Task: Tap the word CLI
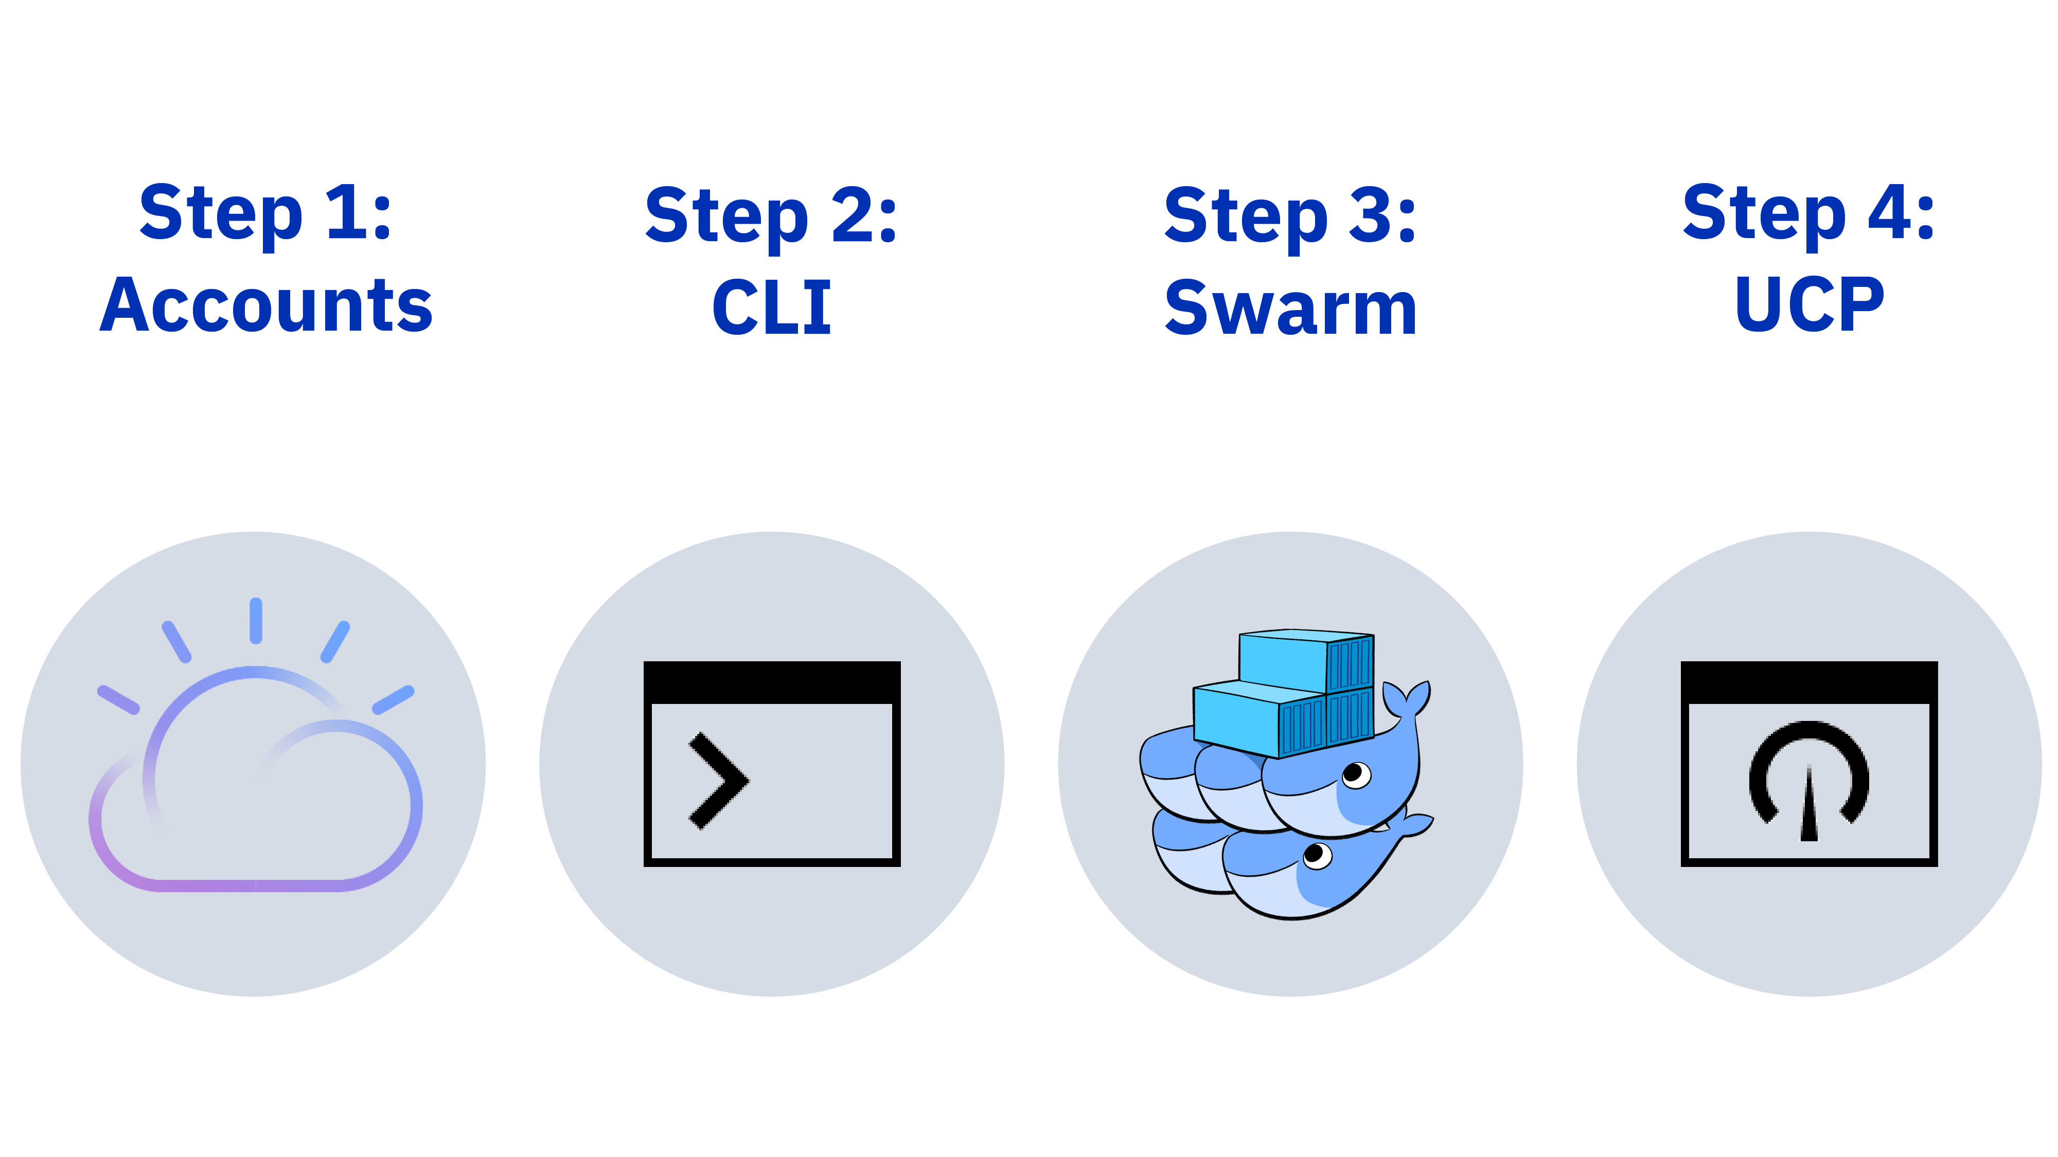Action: (x=772, y=308)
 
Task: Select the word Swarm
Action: (x=1291, y=309)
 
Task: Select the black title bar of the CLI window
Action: (x=772, y=682)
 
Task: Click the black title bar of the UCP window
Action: (x=1809, y=682)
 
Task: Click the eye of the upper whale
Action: (x=1356, y=774)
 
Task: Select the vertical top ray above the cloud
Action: (x=256, y=621)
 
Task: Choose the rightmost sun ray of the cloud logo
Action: (x=393, y=699)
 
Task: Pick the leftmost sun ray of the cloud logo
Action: (x=118, y=699)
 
